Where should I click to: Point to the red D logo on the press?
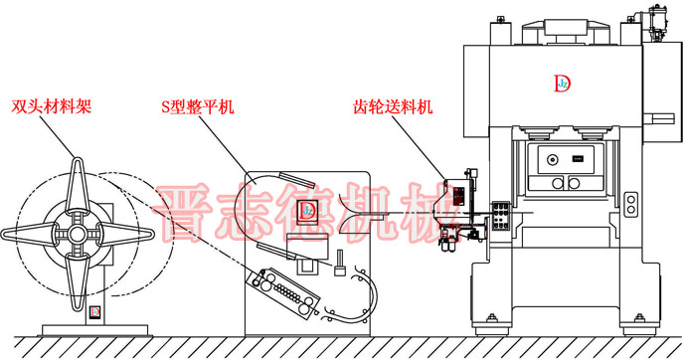coord(561,85)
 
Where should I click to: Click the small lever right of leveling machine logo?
coord(341,265)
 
